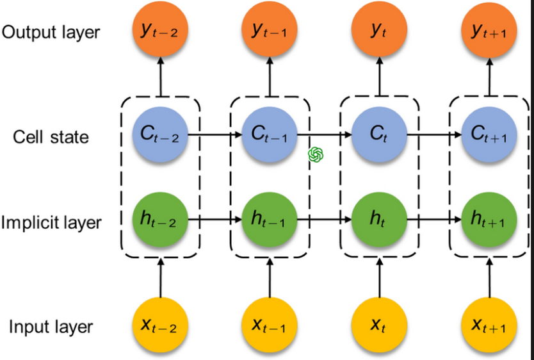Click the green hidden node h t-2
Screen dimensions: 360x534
pos(160,220)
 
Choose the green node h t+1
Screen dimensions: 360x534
pos(489,220)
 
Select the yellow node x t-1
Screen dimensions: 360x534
pos(269,325)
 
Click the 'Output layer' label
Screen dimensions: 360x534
pos(52,32)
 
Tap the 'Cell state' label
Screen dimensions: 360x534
pos(51,136)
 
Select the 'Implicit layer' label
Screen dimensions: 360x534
pos(51,222)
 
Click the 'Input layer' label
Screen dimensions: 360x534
pos(51,327)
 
